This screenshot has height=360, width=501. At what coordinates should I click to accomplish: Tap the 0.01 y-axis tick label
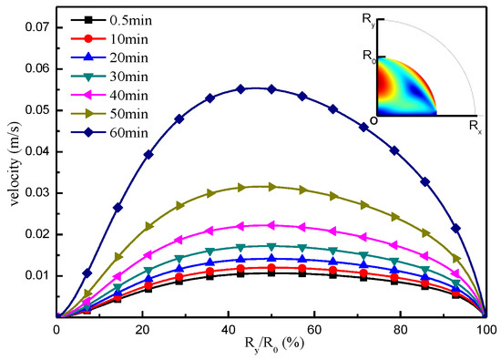(x=36, y=275)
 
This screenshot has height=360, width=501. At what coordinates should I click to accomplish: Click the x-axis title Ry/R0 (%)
(x=271, y=347)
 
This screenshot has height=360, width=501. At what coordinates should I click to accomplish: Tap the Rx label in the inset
(x=473, y=125)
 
